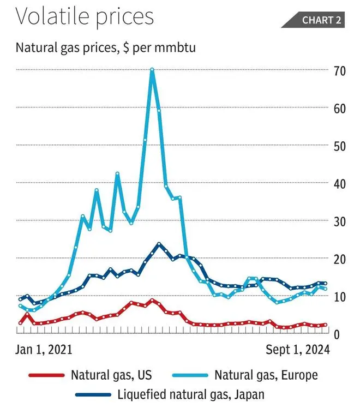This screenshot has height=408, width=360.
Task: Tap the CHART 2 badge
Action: coord(321,20)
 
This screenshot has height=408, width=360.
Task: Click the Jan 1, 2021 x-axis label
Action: coord(44,350)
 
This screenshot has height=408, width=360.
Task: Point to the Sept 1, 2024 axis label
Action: coord(298,350)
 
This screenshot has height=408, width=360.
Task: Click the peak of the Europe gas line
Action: coord(152,70)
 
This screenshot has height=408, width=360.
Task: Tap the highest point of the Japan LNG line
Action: coord(159,244)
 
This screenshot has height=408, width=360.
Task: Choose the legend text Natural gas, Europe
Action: coord(266,375)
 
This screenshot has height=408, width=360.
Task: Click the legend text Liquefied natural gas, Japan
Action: coord(191,394)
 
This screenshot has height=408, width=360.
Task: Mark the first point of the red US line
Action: coord(20,323)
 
